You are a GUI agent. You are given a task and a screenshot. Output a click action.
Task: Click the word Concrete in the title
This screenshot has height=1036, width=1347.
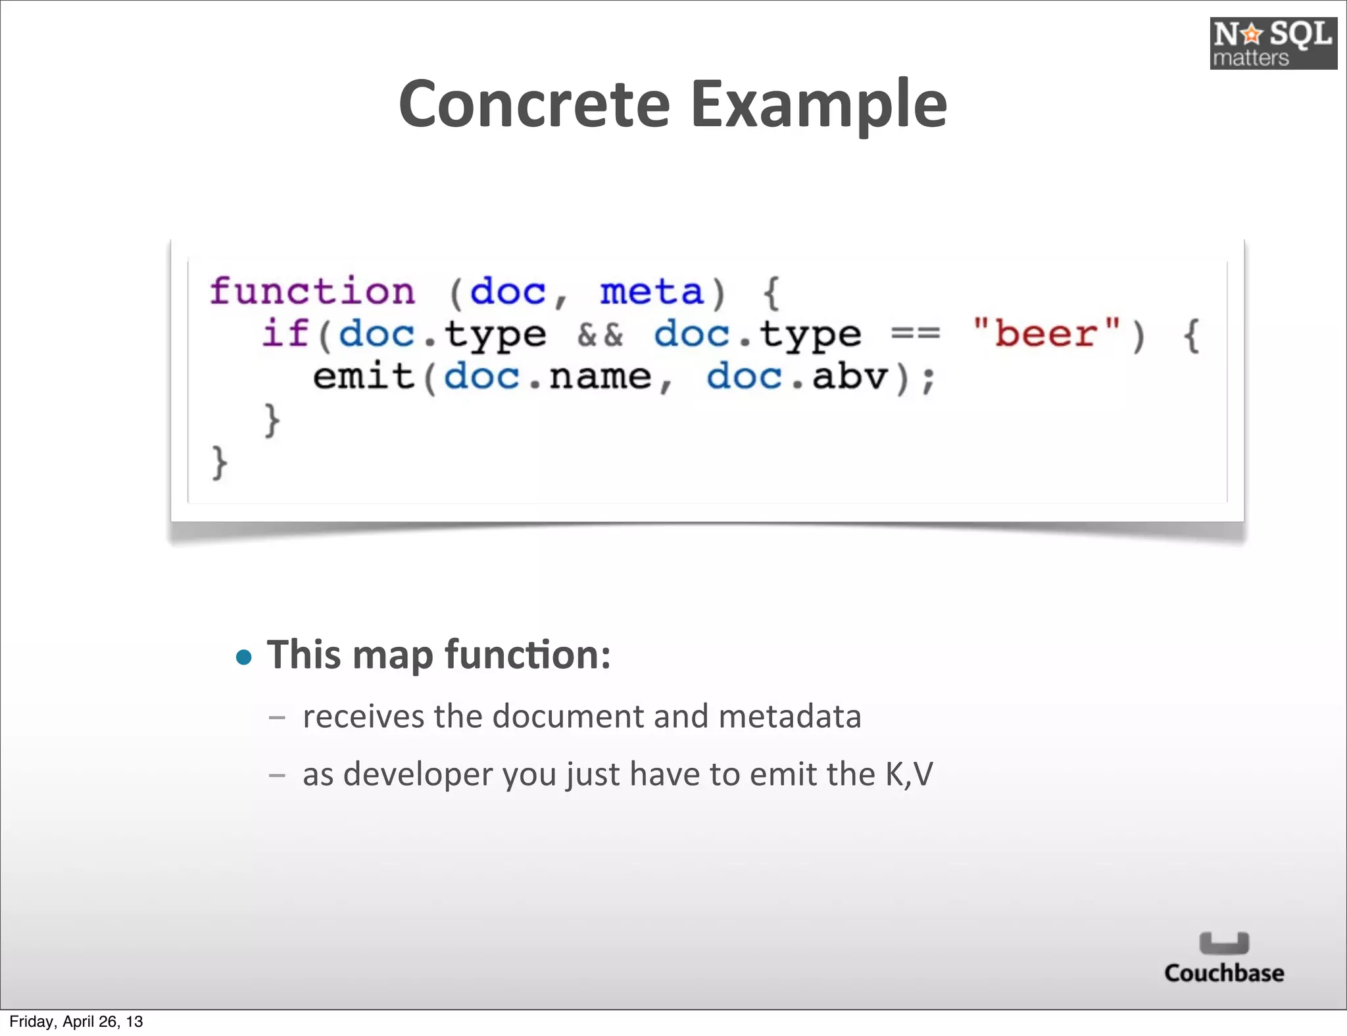click(534, 104)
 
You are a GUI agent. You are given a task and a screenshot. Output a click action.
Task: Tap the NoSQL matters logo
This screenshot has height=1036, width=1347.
click(1273, 43)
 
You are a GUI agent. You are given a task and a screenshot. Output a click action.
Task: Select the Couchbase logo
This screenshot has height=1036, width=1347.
click(1224, 958)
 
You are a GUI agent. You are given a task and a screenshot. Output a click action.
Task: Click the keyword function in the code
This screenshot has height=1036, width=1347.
click(312, 291)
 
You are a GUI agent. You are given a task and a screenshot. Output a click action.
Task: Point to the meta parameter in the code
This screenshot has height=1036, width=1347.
click(651, 291)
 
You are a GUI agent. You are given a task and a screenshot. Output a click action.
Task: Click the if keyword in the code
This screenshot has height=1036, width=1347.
click(285, 333)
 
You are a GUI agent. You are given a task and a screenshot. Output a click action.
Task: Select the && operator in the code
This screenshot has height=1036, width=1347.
click(600, 335)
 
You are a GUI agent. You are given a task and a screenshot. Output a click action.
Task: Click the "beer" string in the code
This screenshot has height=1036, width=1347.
click(1046, 333)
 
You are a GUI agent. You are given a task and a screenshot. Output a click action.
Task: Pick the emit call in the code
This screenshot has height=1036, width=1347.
click(363, 377)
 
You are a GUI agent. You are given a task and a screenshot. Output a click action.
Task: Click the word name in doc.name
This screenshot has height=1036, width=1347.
click(600, 377)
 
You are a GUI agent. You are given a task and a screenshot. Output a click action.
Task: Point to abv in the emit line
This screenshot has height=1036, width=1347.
click(850, 377)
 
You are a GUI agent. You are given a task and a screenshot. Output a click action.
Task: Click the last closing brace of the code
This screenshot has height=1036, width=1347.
click(219, 462)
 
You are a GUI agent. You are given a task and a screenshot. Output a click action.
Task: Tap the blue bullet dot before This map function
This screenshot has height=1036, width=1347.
click(244, 657)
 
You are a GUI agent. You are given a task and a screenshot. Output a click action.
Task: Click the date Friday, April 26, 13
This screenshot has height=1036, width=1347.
click(76, 1022)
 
